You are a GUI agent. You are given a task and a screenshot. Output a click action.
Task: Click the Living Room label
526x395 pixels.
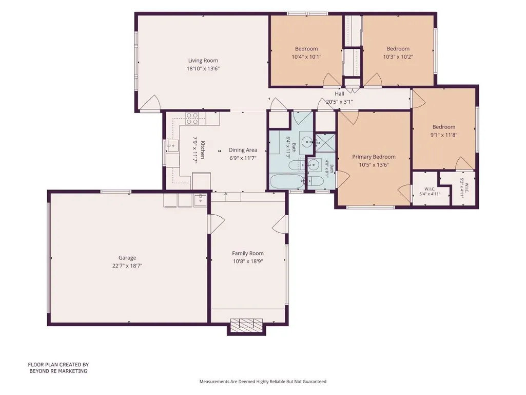pyautogui.click(x=203, y=61)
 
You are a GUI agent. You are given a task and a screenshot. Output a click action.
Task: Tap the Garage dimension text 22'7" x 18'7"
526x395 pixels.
pyautogui.click(x=127, y=266)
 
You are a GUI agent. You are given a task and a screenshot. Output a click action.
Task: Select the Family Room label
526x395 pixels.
pyautogui.click(x=248, y=253)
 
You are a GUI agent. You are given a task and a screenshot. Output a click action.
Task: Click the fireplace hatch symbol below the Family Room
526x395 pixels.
pyautogui.click(x=246, y=325)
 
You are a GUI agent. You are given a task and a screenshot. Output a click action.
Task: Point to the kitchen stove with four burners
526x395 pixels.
pyautogui.click(x=192, y=119)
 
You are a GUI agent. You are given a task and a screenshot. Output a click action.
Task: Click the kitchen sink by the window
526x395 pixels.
pyautogui.click(x=173, y=146)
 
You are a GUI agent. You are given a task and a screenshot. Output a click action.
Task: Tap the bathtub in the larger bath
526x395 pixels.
pyautogui.click(x=287, y=181)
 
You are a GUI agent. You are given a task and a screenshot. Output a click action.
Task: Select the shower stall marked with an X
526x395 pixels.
pyautogui.click(x=325, y=143)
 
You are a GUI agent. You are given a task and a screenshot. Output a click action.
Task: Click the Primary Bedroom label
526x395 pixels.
pyautogui.click(x=374, y=157)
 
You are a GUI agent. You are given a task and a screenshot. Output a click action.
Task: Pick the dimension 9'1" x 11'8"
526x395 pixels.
pyautogui.click(x=444, y=135)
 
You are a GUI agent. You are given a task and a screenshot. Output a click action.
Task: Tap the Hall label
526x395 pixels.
pyautogui.click(x=340, y=93)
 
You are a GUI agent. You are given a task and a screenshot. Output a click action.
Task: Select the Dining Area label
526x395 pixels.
pyautogui.click(x=243, y=150)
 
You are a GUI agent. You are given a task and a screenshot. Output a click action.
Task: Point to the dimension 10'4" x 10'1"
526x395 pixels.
pyautogui.click(x=306, y=57)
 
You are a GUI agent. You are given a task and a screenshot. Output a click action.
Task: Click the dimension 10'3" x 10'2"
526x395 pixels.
pyautogui.click(x=398, y=57)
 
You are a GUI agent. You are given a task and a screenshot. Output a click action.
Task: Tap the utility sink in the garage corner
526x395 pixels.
pyautogui.click(x=200, y=200)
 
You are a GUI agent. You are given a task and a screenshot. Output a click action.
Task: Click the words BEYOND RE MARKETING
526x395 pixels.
pyautogui.click(x=59, y=371)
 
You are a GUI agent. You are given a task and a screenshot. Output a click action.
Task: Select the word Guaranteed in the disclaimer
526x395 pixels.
pyautogui.click(x=315, y=382)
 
